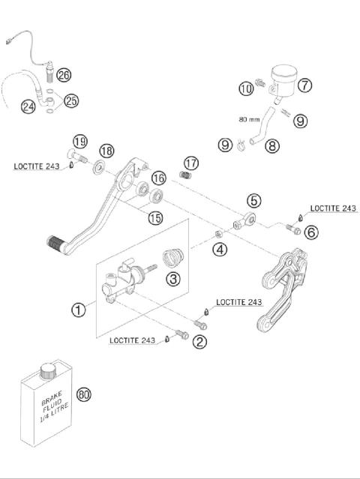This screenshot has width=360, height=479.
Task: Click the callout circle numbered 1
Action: [x=77, y=307]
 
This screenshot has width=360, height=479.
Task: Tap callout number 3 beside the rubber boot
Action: [x=173, y=280]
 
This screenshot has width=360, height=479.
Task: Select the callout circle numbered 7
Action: [x=304, y=85]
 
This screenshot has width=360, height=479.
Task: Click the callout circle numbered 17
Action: [x=191, y=163]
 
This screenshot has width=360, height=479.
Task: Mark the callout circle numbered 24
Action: [x=28, y=107]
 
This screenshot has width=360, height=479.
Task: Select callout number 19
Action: [x=80, y=141]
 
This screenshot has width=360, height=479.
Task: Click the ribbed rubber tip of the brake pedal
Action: [x=57, y=243]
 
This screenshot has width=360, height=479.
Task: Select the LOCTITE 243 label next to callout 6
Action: [x=332, y=208]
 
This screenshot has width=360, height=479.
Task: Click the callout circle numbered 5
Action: [x=253, y=200]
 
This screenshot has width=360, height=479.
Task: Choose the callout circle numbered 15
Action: [x=154, y=217]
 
